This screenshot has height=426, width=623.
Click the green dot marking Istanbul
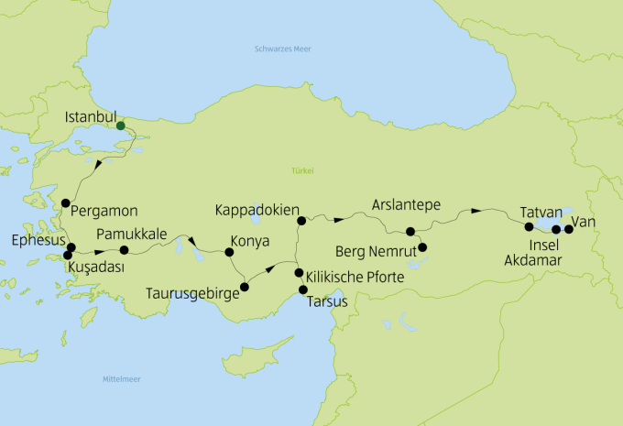click(x=121, y=126)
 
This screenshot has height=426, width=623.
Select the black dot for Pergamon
click(x=65, y=203)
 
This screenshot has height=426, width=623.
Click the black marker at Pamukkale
click(x=125, y=250)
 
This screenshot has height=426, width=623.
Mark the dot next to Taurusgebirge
click(x=245, y=287)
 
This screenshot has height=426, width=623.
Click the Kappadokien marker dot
click(x=301, y=221)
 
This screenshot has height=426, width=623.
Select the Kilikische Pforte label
click(x=354, y=276)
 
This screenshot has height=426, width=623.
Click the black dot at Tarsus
click(x=303, y=290)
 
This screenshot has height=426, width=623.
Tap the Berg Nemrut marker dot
click(x=422, y=247)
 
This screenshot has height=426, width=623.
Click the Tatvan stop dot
click(x=529, y=226)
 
